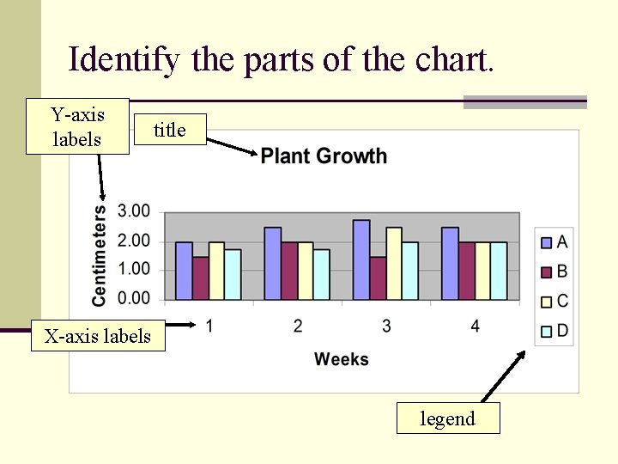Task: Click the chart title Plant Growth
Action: click(x=324, y=156)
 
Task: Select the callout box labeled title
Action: click(x=169, y=130)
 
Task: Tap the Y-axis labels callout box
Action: click(x=77, y=126)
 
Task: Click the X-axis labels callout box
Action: click(x=97, y=336)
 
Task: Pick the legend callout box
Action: click(x=447, y=418)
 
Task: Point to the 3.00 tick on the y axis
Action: click(x=134, y=211)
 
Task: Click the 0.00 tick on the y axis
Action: click(x=134, y=298)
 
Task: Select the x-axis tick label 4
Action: click(x=475, y=326)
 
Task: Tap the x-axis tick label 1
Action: click(x=209, y=326)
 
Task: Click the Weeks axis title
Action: click(x=341, y=359)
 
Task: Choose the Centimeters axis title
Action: click(x=100, y=255)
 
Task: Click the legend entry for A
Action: click(x=554, y=242)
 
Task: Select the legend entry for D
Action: click(x=554, y=330)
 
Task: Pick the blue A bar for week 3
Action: click(x=361, y=260)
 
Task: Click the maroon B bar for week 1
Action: click(x=200, y=278)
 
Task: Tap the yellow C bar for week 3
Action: click(x=394, y=264)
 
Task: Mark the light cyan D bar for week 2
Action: click(x=321, y=275)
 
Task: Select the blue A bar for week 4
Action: click(x=450, y=264)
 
